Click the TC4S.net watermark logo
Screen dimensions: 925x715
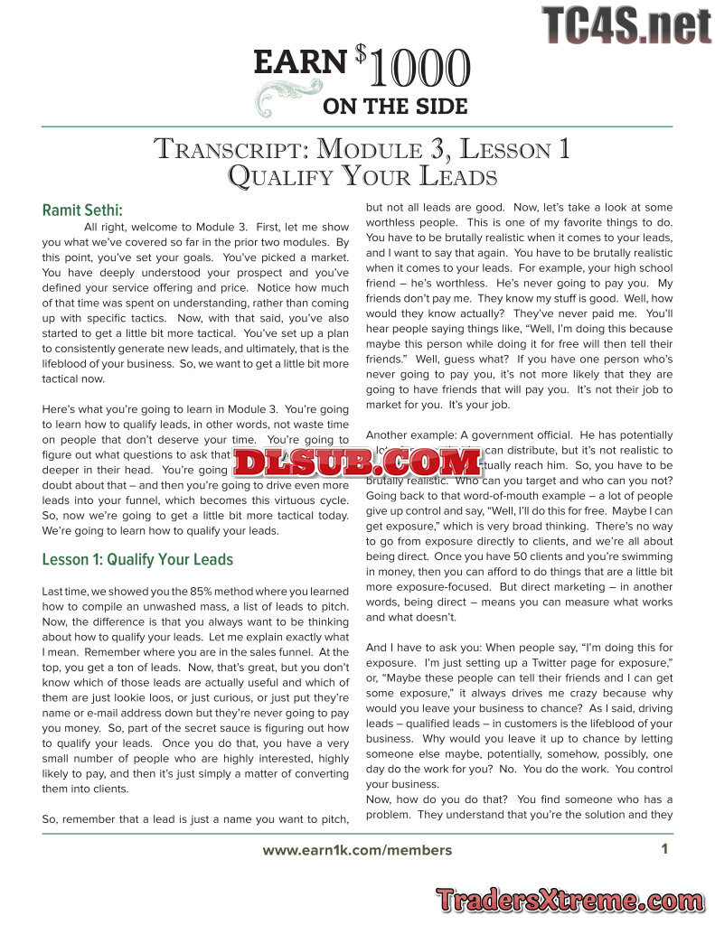pyautogui.click(x=626, y=24)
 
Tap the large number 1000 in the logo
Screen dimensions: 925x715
pyautogui.click(x=419, y=70)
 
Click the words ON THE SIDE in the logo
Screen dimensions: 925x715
pyautogui.click(x=395, y=106)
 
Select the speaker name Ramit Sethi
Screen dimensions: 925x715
pyautogui.click(x=81, y=210)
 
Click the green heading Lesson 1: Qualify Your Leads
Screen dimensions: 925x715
pyautogui.click(x=137, y=560)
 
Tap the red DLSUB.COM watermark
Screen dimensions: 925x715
pyautogui.click(x=357, y=463)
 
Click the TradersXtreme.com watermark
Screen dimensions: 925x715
pyautogui.click(x=569, y=900)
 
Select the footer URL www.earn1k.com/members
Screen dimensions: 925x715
pyautogui.click(x=357, y=850)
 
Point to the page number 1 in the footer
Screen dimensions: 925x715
pyautogui.click(x=664, y=849)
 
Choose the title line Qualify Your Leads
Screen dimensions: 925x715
pyautogui.click(x=362, y=176)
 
